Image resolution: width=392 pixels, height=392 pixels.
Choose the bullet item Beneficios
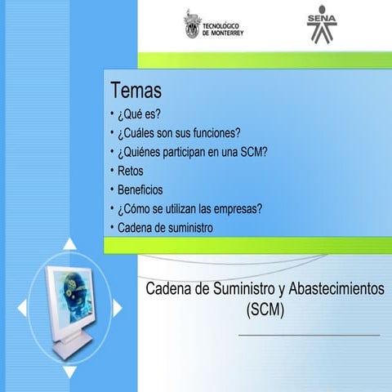coord(140,189)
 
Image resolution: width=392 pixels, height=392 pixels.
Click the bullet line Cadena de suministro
coord(165,228)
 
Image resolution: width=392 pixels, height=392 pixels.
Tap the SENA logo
coord(321,27)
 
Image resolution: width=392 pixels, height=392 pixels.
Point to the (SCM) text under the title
coord(264,310)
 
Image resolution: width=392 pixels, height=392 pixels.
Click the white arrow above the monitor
coord(71,243)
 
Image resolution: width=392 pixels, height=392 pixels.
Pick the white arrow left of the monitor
coord(22,308)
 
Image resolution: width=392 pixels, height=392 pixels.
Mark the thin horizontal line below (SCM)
coord(309,335)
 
